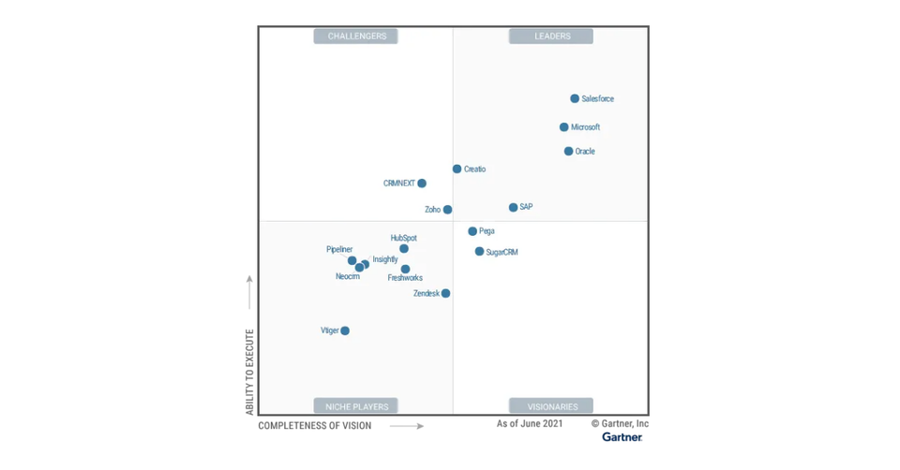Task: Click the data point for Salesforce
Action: [575, 98]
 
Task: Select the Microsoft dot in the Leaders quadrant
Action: [564, 127]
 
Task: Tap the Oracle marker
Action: [568, 151]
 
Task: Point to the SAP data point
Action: [513, 207]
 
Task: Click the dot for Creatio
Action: [457, 169]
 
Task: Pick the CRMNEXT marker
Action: [422, 184]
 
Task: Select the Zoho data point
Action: [447, 210]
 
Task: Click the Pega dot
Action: [472, 231]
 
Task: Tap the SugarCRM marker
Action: [479, 252]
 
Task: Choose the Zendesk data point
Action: [445, 293]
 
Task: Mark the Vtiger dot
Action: [345, 330]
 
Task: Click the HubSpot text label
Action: [404, 238]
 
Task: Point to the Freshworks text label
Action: [405, 278]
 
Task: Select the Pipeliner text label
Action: [339, 249]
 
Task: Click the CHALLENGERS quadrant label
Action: [356, 37]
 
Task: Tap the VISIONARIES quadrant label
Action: [552, 406]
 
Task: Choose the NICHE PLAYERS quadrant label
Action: [356, 406]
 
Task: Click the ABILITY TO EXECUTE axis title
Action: [249, 372]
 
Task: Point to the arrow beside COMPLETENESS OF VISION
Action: [407, 426]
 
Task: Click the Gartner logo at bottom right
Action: [622, 437]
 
